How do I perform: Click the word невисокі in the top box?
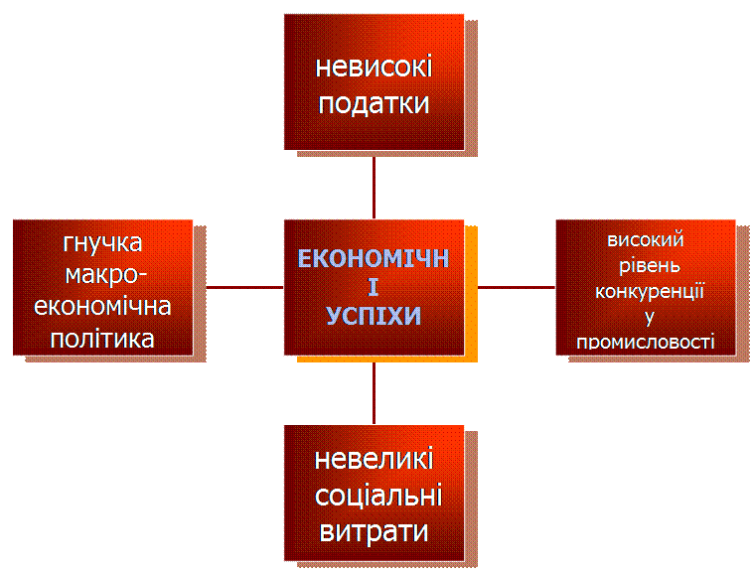point(374,69)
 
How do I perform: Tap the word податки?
point(374,103)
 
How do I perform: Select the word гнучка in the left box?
point(102,243)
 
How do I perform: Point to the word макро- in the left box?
point(103,274)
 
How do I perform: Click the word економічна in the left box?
point(103,306)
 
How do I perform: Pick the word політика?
point(103,338)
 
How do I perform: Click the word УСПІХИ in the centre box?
point(374,316)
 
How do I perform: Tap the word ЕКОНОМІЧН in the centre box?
point(374,259)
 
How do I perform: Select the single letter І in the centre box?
point(374,288)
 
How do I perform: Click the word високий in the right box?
point(646,239)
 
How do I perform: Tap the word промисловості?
point(646,343)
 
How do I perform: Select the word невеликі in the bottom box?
point(374,461)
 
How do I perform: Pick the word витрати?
point(374,530)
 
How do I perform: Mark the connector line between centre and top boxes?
point(374,186)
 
